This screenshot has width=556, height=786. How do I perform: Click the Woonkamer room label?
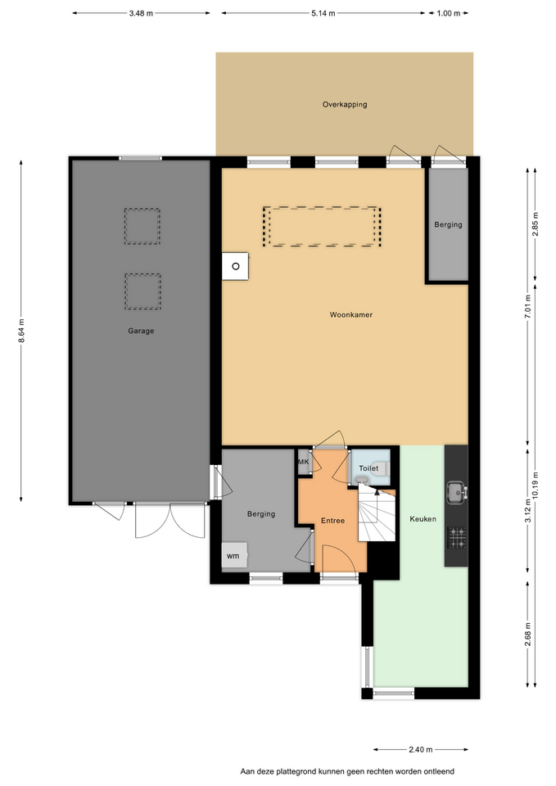tap(351, 314)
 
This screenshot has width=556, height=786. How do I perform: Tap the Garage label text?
tap(141, 331)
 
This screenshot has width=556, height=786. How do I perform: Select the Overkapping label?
tap(345, 105)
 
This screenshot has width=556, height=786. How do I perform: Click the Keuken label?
tap(423, 519)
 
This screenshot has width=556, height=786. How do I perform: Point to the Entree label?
tap(333, 521)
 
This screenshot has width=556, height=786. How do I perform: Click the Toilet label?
tap(368, 468)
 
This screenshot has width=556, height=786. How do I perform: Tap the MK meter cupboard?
tap(304, 462)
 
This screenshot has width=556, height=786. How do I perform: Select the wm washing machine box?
tap(234, 555)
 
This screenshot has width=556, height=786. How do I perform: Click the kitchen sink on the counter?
tap(457, 492)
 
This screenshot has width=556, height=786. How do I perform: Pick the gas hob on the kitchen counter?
tap(457, 537)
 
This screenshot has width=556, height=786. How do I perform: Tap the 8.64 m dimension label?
tap(21, 332)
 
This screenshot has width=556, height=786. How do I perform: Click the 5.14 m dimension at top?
tap(323, 14)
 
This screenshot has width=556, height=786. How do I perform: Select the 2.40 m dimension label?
tap(420, 750)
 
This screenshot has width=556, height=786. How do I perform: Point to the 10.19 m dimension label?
tap(536, 485)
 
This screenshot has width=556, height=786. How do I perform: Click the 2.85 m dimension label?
tap(536, 224)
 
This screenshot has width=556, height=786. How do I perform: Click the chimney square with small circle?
tap(235, 266)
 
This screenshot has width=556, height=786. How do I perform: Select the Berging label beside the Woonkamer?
tap(448, 224)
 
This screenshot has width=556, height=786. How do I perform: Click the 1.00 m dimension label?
tap(448, 14)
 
